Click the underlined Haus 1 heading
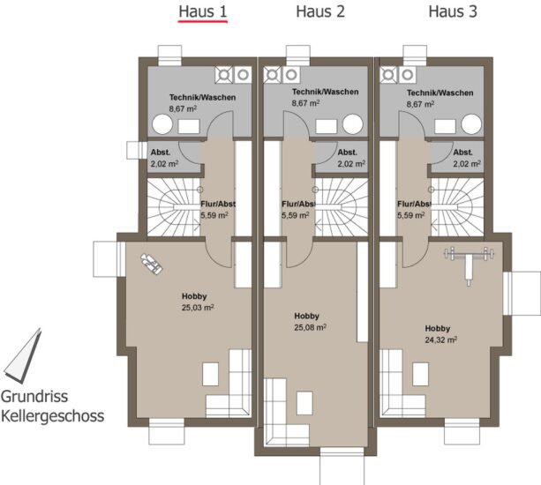203,11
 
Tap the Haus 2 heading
320,11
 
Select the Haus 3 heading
453,11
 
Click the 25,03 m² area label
198,308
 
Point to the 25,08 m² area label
310,327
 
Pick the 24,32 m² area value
441,339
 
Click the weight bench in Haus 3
469,265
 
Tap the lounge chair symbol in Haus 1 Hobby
151,264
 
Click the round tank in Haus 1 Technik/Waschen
162,124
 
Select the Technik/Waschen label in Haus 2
326,92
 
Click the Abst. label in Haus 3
463,153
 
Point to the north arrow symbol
22,356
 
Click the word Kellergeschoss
52,415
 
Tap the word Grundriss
34,397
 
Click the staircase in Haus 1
174,207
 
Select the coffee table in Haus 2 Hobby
304,403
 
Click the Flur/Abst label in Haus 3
414,204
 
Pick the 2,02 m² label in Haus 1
164,164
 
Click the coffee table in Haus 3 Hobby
421,374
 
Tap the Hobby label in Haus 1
194,296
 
